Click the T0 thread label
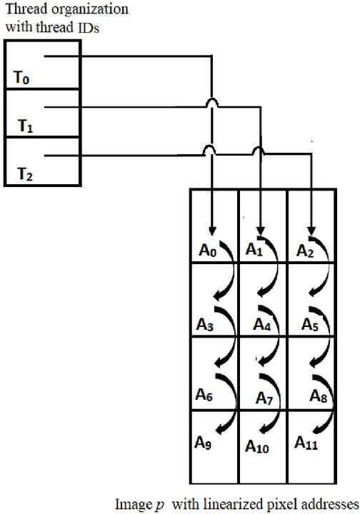tap(21, 78)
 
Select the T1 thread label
tap(25, 126)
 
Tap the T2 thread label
tap(24, 174)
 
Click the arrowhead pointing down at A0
tap(212, 231)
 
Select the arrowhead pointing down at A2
tap(311, 231)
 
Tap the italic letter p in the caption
tap(160, 506)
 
